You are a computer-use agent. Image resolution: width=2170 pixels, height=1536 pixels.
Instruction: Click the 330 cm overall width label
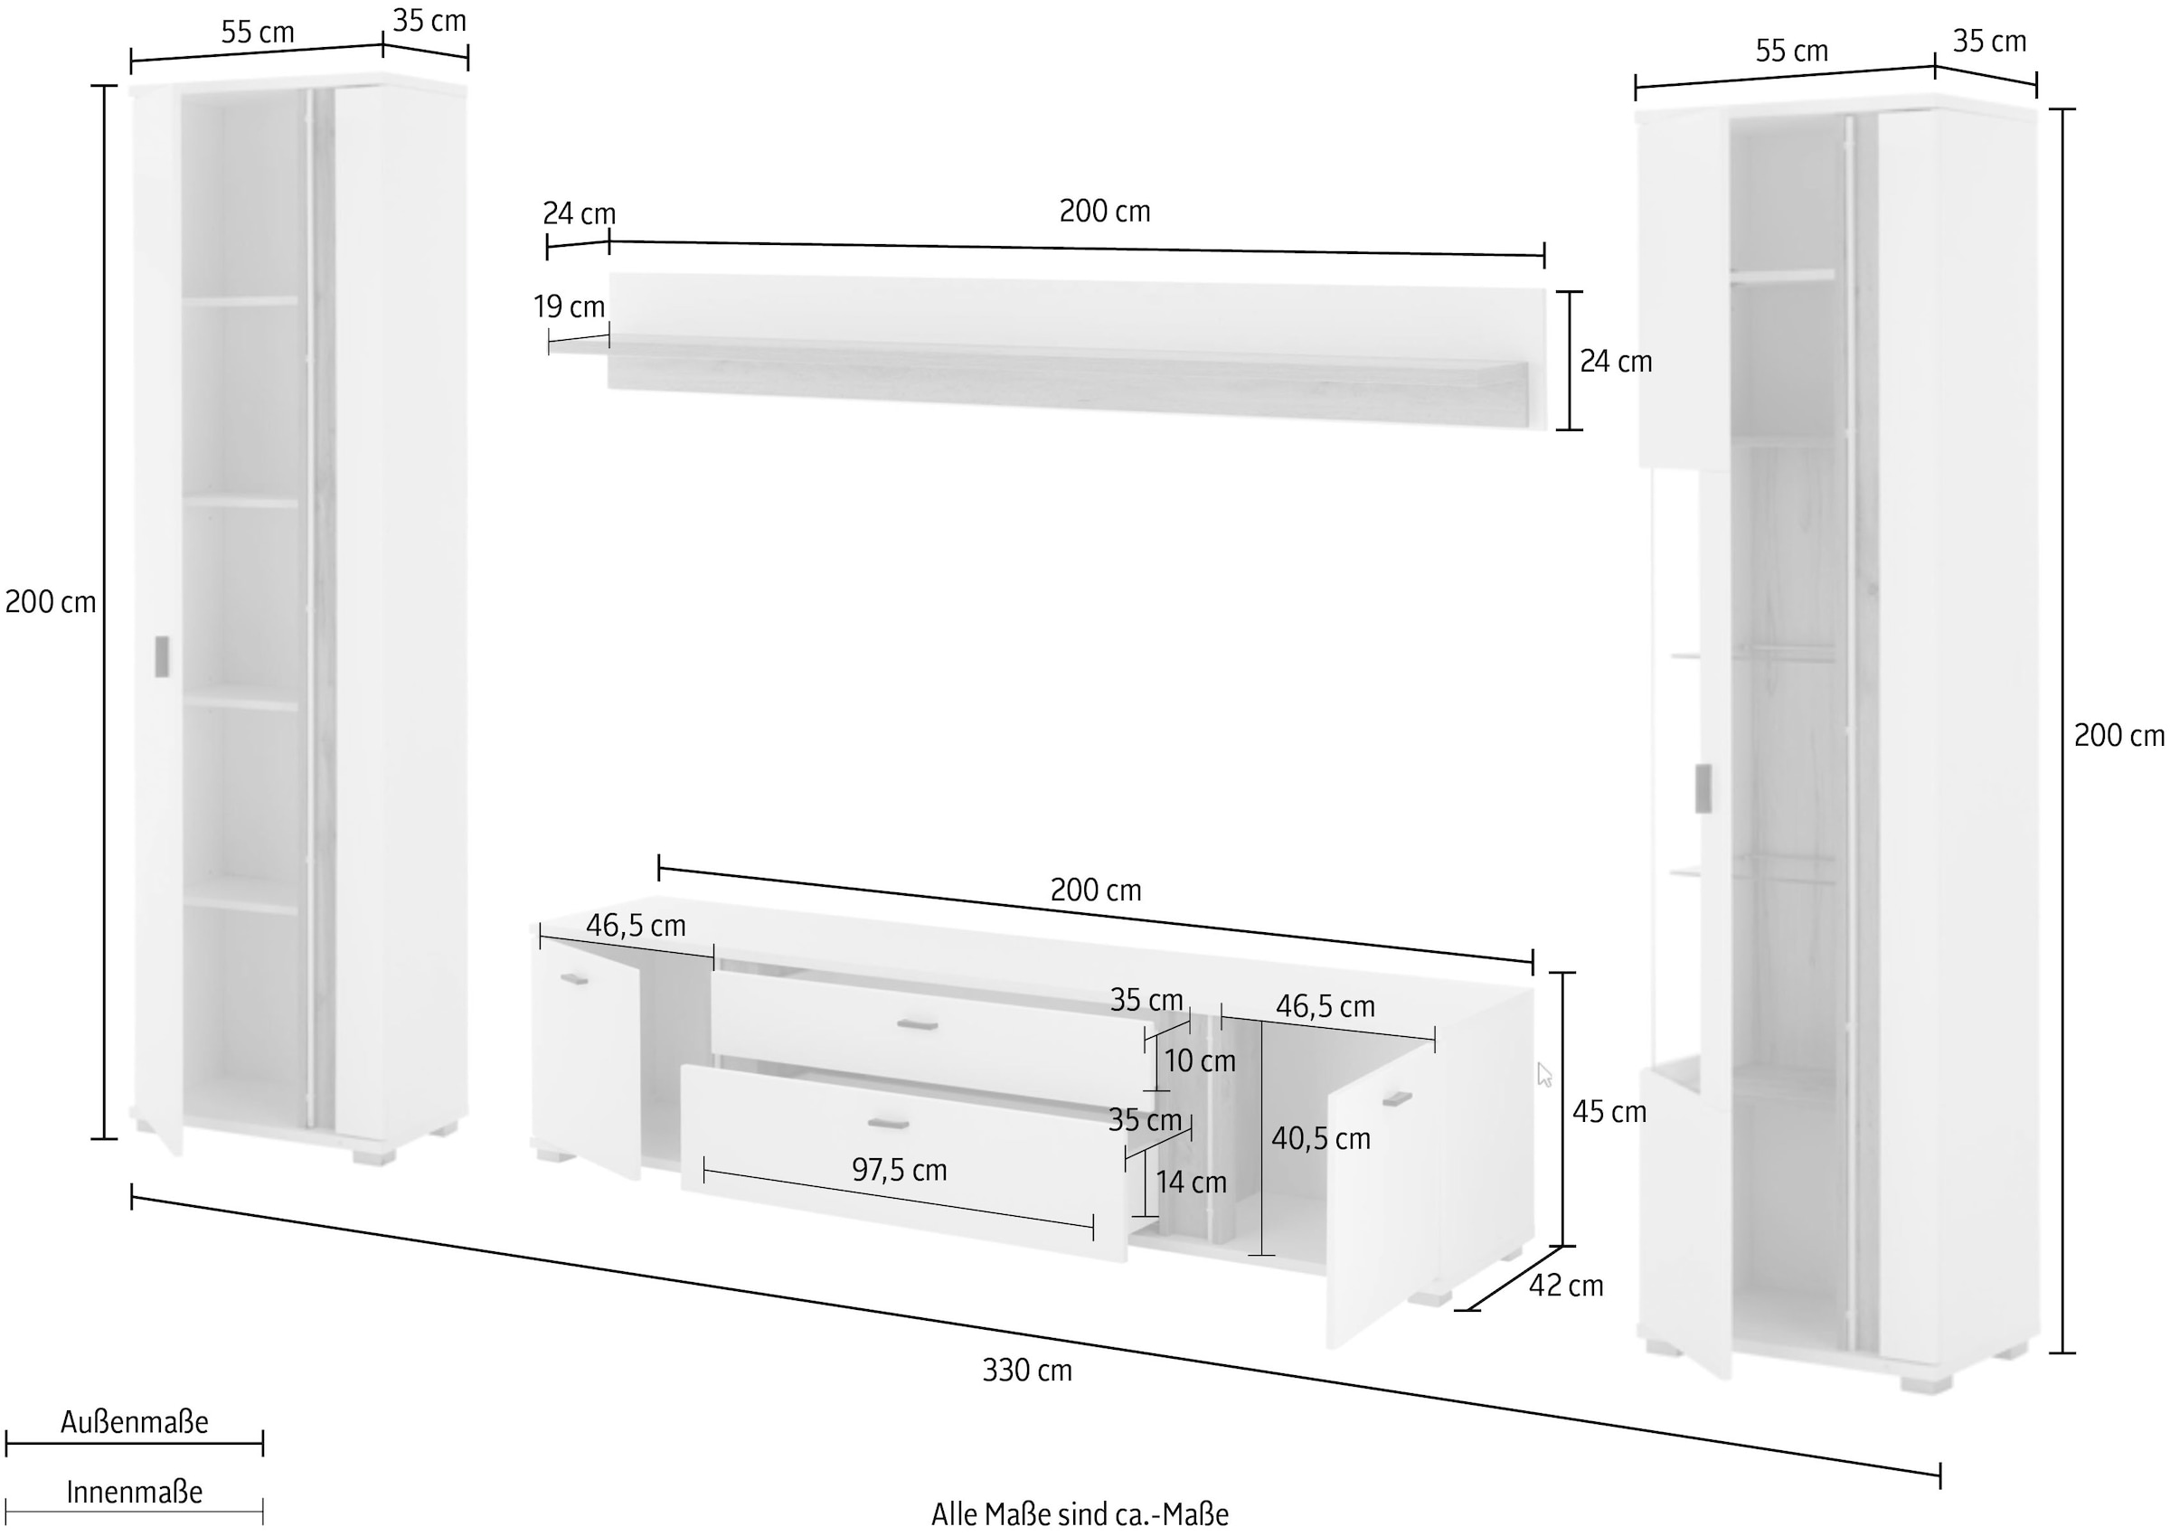pyautogui.click(x=1027, y=1370)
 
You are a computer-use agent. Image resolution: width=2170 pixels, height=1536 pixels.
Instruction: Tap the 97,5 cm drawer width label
pyautogui.click(x=899, y=1170)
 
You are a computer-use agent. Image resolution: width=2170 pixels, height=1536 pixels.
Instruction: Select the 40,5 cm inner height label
pyautogui.click(x=1321, y=1139)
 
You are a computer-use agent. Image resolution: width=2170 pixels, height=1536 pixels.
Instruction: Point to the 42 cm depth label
pyautogui.click(x=1567, y=1286)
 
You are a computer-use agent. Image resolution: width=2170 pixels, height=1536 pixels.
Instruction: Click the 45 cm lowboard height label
pyautogui.click(x=1609, y=1111)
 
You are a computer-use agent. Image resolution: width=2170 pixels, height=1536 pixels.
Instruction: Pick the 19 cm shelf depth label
pyautogui.click(x=569, y=306)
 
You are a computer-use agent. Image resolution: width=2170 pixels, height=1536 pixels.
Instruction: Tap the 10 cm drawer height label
pyautogui.click(x=1200, y=1061)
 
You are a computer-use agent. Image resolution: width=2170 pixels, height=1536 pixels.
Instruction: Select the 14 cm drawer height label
pyautogui.click(x=1191, y=1183)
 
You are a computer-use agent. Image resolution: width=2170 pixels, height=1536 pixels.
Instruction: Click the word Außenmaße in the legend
pyautogui.click(x=135, y=1421)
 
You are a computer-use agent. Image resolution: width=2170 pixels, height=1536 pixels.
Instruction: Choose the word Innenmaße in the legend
pyautogui.click(x=135, y=1492)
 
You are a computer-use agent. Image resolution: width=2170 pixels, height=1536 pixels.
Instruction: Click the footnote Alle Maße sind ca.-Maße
pyautogui.click(x=1080, y=1514)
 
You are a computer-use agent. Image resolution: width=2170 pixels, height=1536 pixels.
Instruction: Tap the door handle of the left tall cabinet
pyautogui.click(x=162, y=656)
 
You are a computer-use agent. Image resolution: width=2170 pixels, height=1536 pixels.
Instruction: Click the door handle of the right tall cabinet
pyautogui.click(x=1703, y=787)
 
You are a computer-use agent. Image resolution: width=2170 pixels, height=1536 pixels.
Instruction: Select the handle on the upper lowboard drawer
pyautogui.click(x=917, y=1025)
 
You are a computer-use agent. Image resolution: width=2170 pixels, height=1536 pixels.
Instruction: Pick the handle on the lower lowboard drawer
pyautogui.click(x=888, y=1124)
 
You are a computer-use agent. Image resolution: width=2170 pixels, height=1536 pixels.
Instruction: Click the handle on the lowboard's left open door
pyautogui.click(x=574, y=979)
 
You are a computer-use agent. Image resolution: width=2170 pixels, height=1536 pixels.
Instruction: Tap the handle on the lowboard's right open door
pyautogui.click(x=1396, y=1099)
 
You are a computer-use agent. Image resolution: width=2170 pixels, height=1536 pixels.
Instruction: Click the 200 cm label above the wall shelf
pyautogui.click(x=1105, y=211)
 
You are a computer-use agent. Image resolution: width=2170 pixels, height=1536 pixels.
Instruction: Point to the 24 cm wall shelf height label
pyautogui.click(x=1616, y=362)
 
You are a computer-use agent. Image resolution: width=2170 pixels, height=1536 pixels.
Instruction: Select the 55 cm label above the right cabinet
pyautogui.click(x=1792, y=50)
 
